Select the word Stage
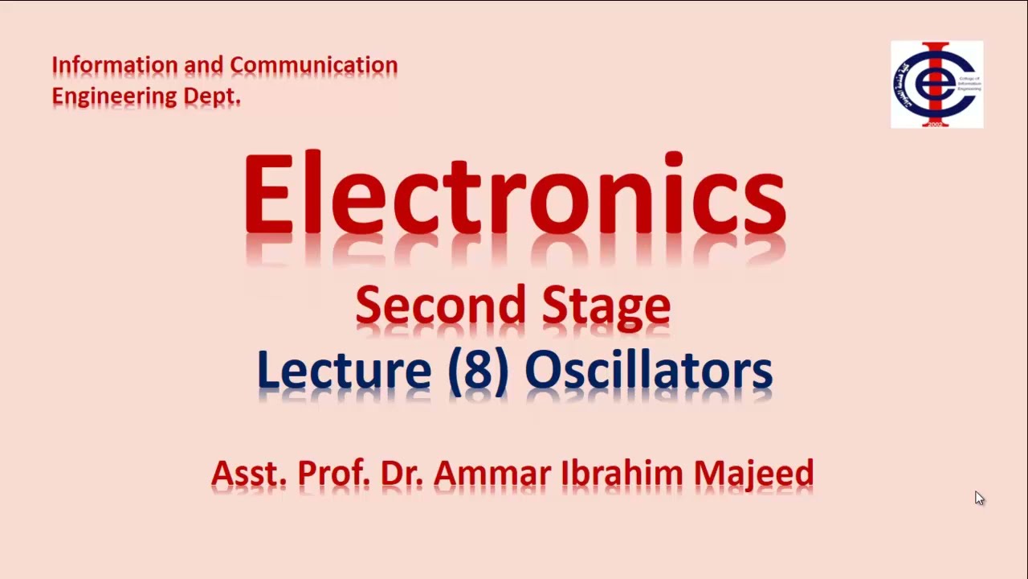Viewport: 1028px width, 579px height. click(606, 306)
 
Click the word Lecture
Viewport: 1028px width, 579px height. click(344, 371)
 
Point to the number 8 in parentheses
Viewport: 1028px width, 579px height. click(478, 372)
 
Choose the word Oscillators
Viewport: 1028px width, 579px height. click(648, 371)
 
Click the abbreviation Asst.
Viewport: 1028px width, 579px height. click(248, 473)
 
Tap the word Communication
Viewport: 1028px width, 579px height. click(313, 65)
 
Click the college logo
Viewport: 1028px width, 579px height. click(936, 84)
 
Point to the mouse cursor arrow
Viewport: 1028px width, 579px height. click(979, 498)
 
